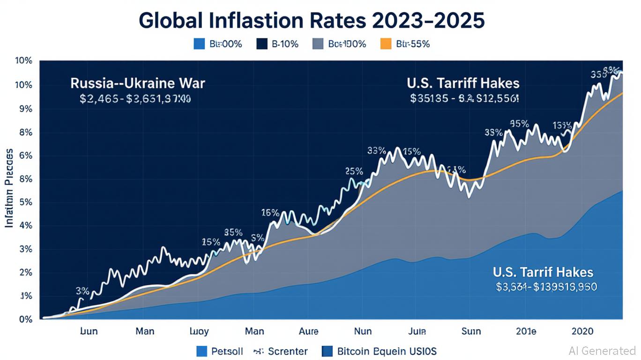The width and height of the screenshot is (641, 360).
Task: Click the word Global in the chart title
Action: tap(170, 21)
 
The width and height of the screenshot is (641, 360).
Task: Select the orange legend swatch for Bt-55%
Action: tap(385, 44)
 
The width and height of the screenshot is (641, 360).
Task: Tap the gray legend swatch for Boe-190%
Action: tap(318, 44)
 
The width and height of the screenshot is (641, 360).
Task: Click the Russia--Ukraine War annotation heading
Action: tap(138, 84)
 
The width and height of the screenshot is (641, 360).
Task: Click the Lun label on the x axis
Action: tap(89, 331)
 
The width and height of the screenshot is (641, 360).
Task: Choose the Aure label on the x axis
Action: tap(309, 331)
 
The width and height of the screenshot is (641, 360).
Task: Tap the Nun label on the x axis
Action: tap(363, 331)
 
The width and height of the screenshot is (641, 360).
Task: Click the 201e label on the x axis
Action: tap(526, 331)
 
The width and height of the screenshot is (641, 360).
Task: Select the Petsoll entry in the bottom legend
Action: tap(220, 351)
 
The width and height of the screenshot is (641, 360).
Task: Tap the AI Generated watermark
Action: tap(602, 351)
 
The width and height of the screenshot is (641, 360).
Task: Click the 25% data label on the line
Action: tap(354, 171)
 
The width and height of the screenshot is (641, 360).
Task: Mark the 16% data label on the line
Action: tap(270, 212)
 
